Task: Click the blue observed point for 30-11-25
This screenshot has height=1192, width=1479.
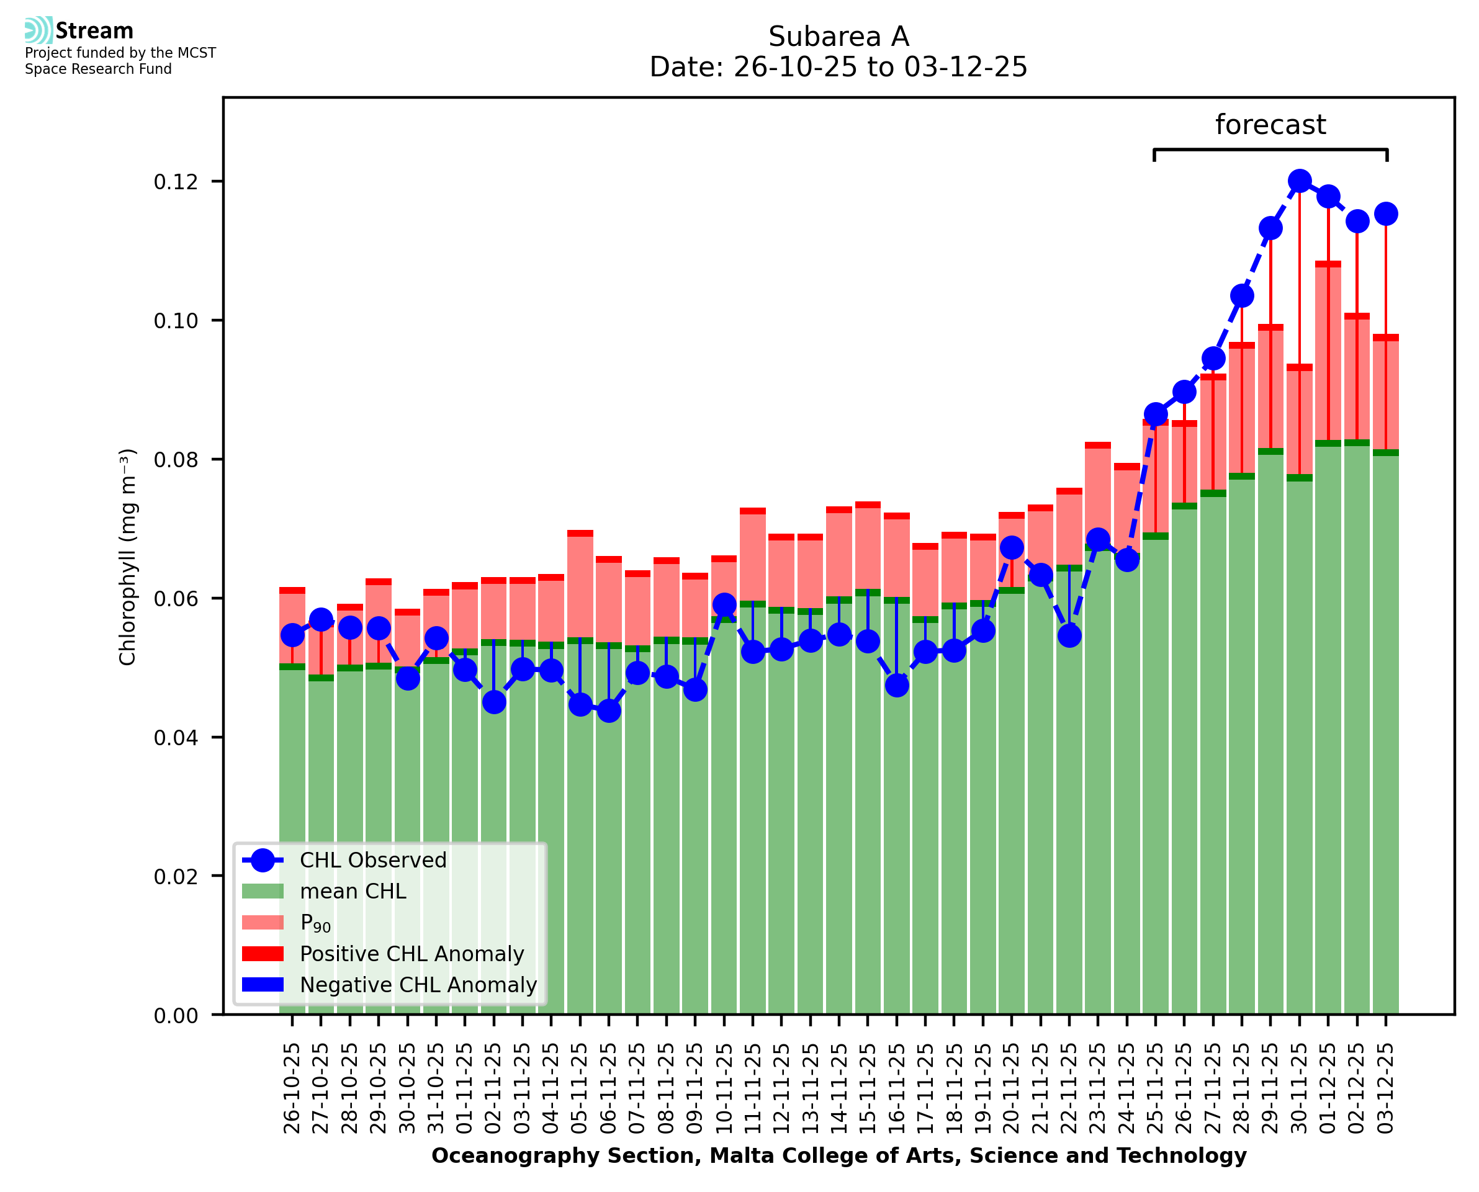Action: point(1299,181)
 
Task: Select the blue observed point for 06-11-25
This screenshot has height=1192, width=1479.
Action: point(608,710)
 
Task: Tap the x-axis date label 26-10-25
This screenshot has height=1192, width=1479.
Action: point(292,1089)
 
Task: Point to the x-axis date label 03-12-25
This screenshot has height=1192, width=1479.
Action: point(1386,1089)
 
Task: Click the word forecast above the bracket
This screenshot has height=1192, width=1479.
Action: point(1270,125)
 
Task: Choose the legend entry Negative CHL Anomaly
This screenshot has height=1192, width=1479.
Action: point(418,985)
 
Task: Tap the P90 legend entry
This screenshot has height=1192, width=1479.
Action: point(315,923)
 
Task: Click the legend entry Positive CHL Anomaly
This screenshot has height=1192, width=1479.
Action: point(411,954)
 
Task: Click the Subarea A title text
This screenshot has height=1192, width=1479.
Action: point(838,37)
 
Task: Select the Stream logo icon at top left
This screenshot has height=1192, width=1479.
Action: point(38,30)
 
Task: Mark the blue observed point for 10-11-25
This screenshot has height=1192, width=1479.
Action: point(724,605)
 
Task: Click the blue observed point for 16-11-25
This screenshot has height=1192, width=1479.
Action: point(897,684)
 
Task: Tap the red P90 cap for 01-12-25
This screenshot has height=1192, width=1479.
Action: point(1328,264)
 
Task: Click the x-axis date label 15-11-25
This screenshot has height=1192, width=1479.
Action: point(867,1089)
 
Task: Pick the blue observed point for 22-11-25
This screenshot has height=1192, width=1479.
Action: point(1069,636)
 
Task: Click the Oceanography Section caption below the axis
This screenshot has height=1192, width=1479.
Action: point(838,1155)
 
